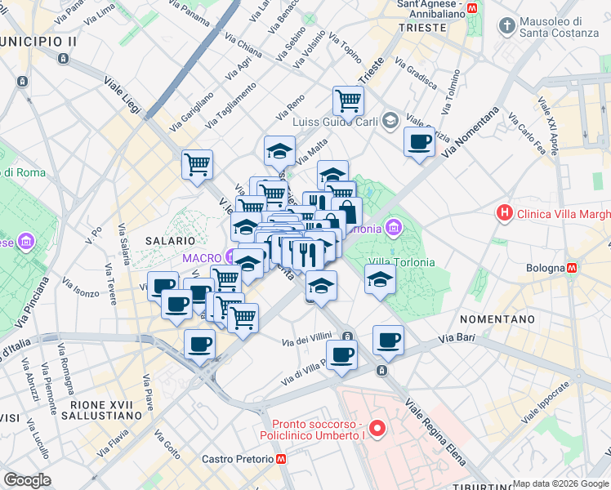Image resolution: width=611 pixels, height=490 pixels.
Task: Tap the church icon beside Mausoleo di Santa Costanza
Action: coord(508,26)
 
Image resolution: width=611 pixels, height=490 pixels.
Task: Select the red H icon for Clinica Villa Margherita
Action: coord(506,214)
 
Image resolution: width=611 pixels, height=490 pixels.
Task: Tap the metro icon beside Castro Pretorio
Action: coord(281,460)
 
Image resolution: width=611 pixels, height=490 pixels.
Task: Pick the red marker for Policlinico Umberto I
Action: coord(377,427)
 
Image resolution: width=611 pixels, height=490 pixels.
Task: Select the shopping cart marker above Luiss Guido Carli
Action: coord(348,101)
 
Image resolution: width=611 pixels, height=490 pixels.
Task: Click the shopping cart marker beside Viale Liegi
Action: coord(197,164)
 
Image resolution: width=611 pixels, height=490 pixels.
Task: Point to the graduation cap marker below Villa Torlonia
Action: coord(380,280)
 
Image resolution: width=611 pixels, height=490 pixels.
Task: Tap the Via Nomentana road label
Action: coord(471,134)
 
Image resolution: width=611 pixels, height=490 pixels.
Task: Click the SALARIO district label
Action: coord(170,241)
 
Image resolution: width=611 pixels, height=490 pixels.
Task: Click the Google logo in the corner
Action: coord(27,480)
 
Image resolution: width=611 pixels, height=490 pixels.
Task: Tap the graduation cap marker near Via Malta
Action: coord(279,151)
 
